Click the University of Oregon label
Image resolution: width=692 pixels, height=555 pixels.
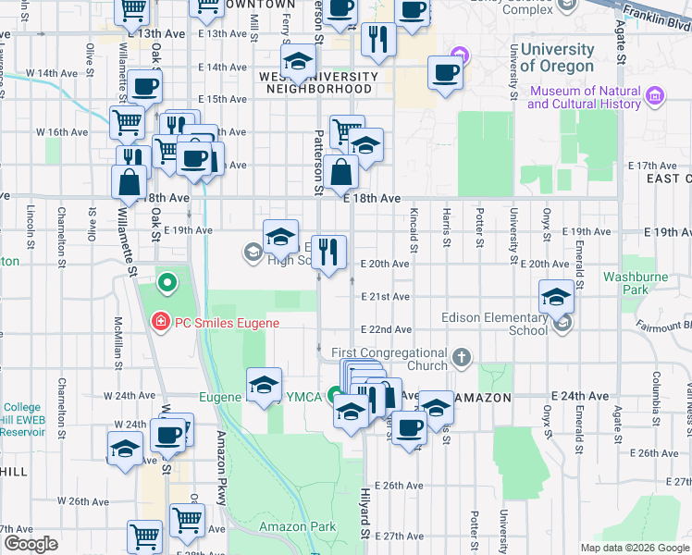click(557, 57)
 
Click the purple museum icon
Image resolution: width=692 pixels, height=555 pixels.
click(654, 95)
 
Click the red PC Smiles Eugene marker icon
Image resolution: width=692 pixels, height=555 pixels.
click(160, 322)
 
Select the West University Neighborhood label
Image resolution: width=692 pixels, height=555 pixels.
click(318, 82)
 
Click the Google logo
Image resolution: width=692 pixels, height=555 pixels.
click(30, 544)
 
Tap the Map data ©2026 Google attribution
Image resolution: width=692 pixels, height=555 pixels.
click(634, 548)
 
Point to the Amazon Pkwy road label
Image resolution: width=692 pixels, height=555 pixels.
click(222, 467)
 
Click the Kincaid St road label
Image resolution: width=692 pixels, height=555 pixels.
click(414, 231)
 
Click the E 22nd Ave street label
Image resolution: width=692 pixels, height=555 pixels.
click(386, 329)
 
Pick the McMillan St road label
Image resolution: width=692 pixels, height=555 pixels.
click(117, 342)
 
